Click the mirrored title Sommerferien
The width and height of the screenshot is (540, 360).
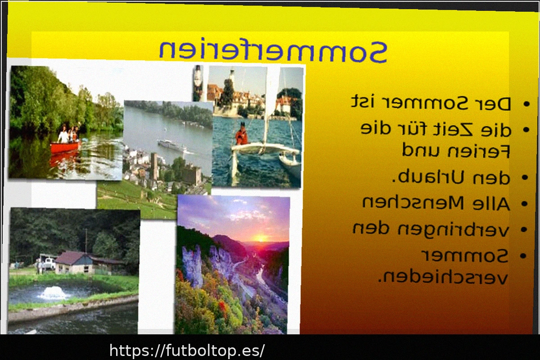click(x=273, y=51)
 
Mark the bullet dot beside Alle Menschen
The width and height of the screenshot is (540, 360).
click(x=525, y=204)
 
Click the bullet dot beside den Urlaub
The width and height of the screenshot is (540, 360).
click(x=525, y=178)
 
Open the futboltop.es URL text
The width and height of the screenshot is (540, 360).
click(x=187, y=351)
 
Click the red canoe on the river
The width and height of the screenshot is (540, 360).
click(x=65, y=147)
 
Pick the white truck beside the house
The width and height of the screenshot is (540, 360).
click(x=49, y=264)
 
